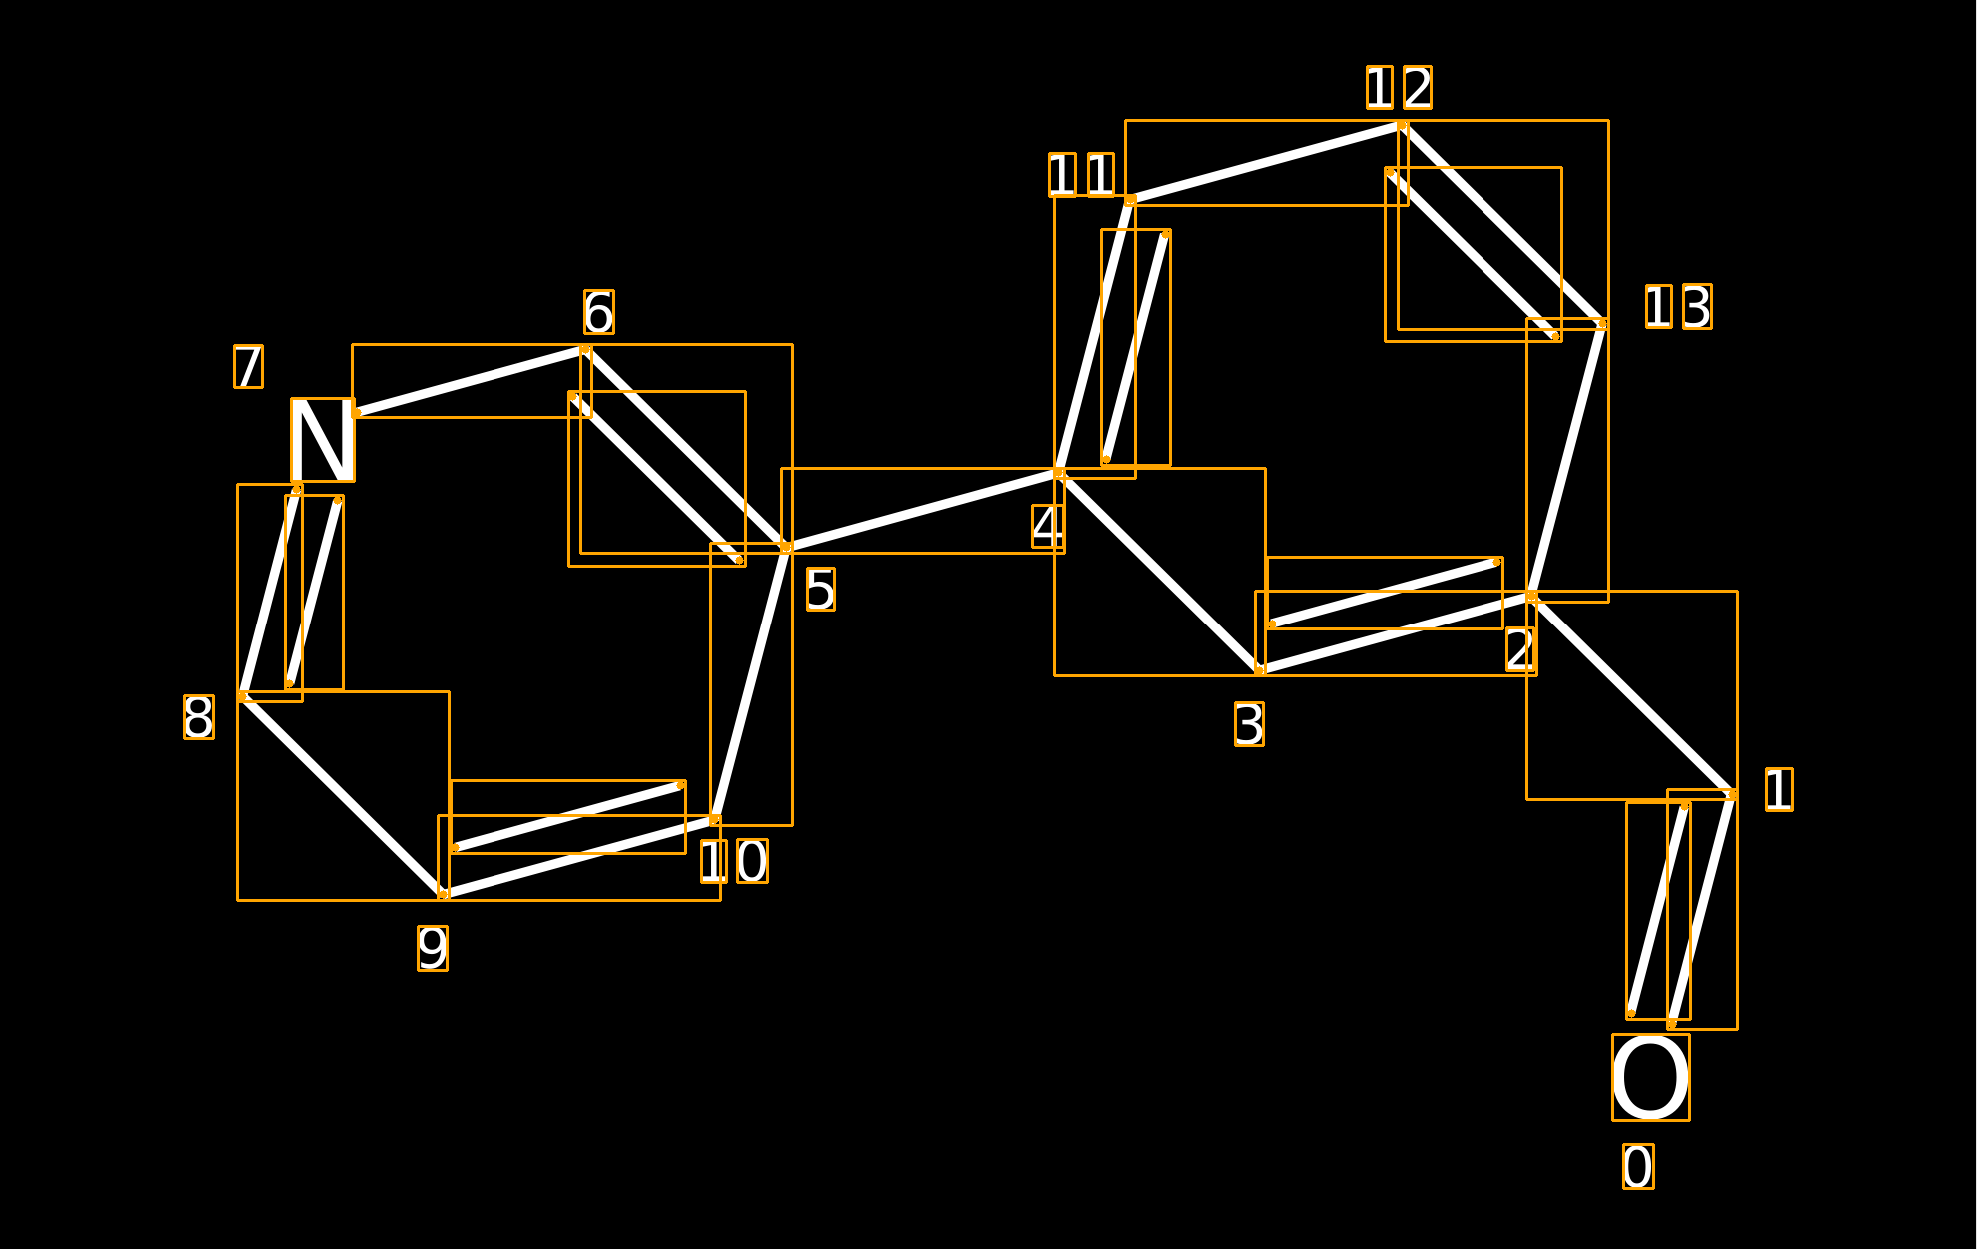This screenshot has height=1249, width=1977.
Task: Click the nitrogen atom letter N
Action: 323,440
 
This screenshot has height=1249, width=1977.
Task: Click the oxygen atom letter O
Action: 1651,1077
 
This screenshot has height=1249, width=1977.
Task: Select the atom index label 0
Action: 1638,1166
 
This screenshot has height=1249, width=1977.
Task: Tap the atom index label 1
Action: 1779,789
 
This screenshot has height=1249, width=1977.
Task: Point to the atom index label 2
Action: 1521,649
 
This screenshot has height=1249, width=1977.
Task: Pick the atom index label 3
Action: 1249,724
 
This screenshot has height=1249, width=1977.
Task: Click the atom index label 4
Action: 1047,526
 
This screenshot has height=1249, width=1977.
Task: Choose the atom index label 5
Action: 820,589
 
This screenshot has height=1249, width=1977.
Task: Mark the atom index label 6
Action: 599,312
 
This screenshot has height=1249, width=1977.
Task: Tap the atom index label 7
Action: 248,366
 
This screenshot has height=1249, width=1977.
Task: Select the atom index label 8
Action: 198,717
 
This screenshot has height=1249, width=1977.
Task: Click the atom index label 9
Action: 433,948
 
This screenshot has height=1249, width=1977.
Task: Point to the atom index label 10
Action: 734,861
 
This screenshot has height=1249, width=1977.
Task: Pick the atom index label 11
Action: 1081,175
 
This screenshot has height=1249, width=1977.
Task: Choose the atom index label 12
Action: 1399,88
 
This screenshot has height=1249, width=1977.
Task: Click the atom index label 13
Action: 1678,306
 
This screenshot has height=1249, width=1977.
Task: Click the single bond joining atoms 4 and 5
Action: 923,510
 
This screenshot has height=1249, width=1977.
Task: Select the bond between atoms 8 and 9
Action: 343,795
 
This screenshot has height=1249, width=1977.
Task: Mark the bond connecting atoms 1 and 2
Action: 1632,695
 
